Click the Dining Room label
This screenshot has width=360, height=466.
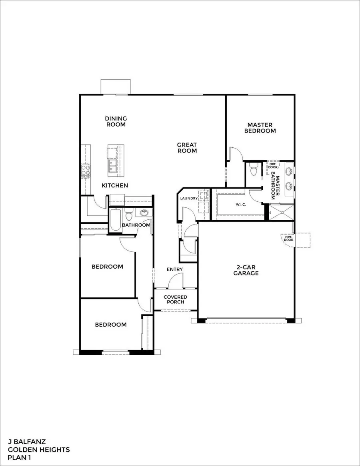point(116,121)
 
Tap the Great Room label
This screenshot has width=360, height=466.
point(187,148)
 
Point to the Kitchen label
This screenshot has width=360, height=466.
point(115,185)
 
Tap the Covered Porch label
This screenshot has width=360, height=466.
point(175,299)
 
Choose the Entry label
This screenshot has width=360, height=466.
point(174,269)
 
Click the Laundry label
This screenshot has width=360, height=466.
point(189,198)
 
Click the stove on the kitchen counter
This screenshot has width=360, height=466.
point(85,171)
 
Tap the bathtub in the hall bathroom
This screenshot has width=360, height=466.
point(115,220)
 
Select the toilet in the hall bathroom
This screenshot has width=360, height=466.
point(129,216)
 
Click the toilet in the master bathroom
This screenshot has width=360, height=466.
point(253,171)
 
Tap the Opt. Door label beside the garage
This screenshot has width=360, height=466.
point(288,239)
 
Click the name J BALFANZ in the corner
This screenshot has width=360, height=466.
point(27,442)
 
